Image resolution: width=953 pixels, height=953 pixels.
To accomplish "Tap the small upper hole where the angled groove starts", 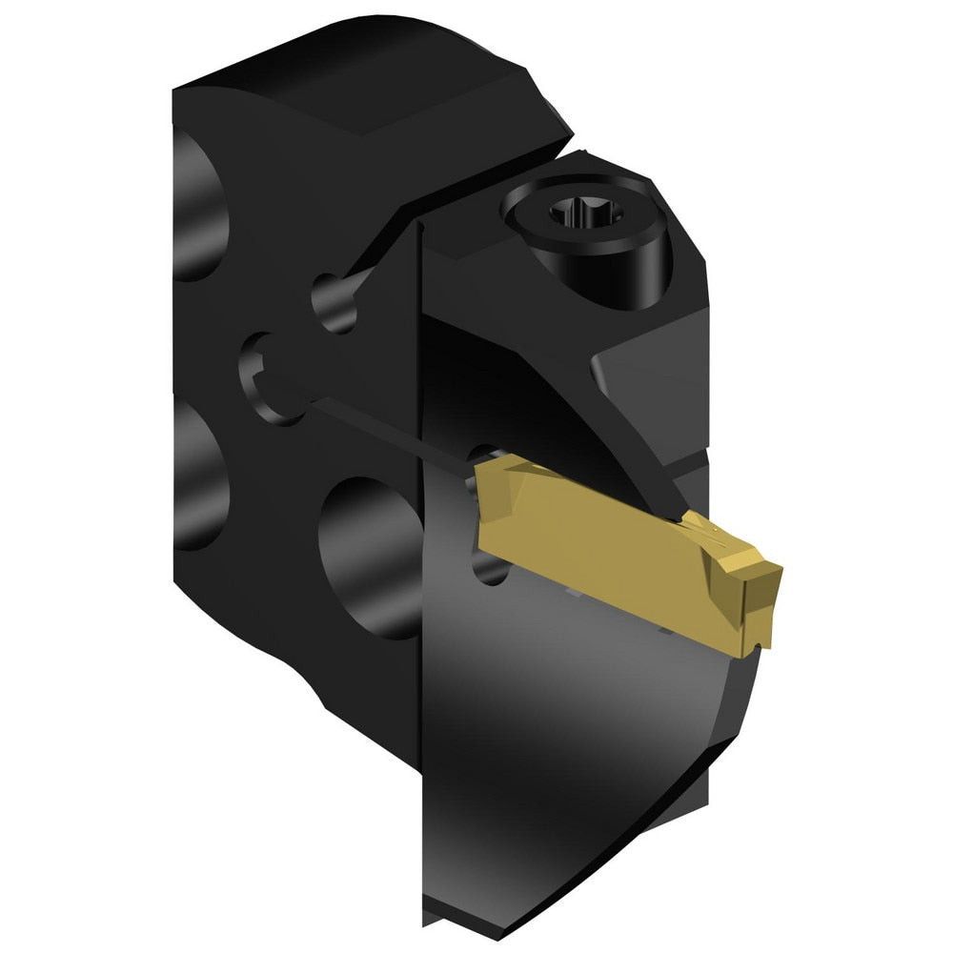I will (331, 302).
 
